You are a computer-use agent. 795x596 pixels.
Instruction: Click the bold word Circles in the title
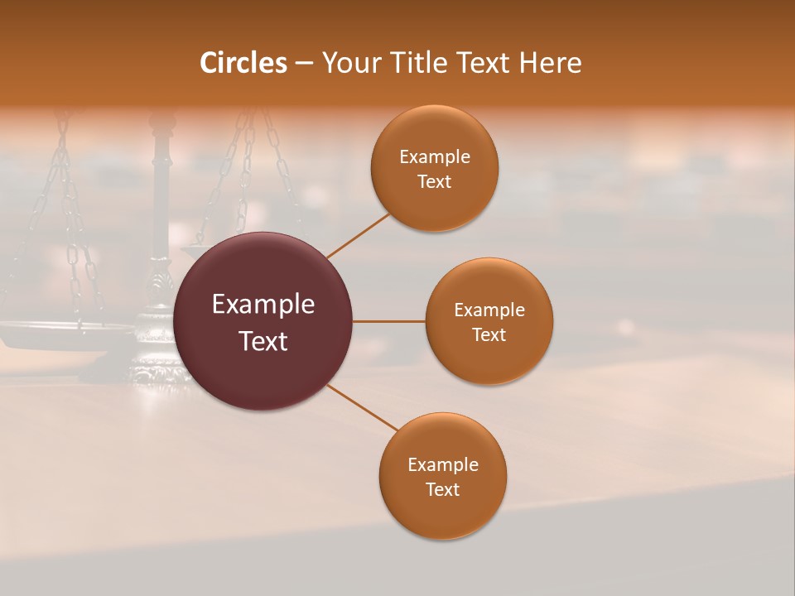243,63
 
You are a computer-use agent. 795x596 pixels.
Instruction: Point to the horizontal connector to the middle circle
389,321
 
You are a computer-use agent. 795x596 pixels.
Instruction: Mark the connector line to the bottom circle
362,407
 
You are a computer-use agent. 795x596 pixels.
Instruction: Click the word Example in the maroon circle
263,305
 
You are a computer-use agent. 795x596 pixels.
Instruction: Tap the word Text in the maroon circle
263,341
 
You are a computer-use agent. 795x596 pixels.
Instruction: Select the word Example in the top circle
434,157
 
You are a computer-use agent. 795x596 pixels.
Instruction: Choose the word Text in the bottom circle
442,489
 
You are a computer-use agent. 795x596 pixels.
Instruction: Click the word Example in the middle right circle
489,310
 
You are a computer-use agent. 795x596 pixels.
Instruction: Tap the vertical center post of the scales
161,199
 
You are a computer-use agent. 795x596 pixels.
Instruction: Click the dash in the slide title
304,64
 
